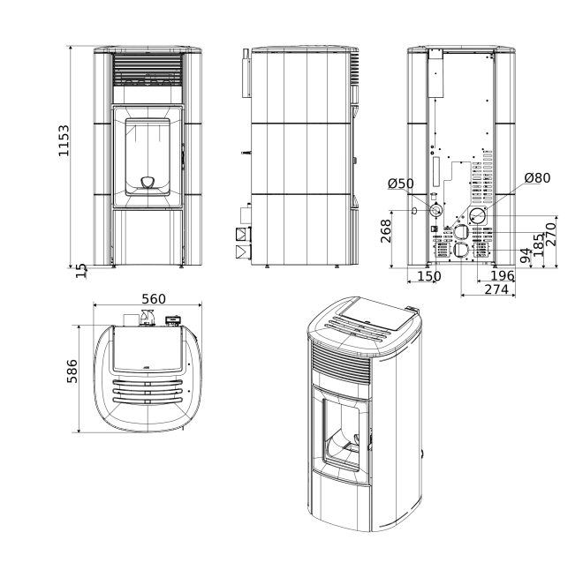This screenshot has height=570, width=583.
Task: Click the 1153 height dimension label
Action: point(64,141)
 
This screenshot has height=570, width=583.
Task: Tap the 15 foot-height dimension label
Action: point(81,270)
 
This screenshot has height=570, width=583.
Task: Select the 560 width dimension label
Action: point(154,298)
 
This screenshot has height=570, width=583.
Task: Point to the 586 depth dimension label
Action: point(72,371)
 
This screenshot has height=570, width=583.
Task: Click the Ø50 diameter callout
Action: point(400,184)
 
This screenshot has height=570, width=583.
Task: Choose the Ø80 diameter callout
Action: point(537,178)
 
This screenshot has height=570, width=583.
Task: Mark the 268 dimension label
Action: point(385,231)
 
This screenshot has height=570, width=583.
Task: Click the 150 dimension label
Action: point(429,276)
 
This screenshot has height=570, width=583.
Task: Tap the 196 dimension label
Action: point(503,275)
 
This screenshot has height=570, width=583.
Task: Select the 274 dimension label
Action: point(496,289)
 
